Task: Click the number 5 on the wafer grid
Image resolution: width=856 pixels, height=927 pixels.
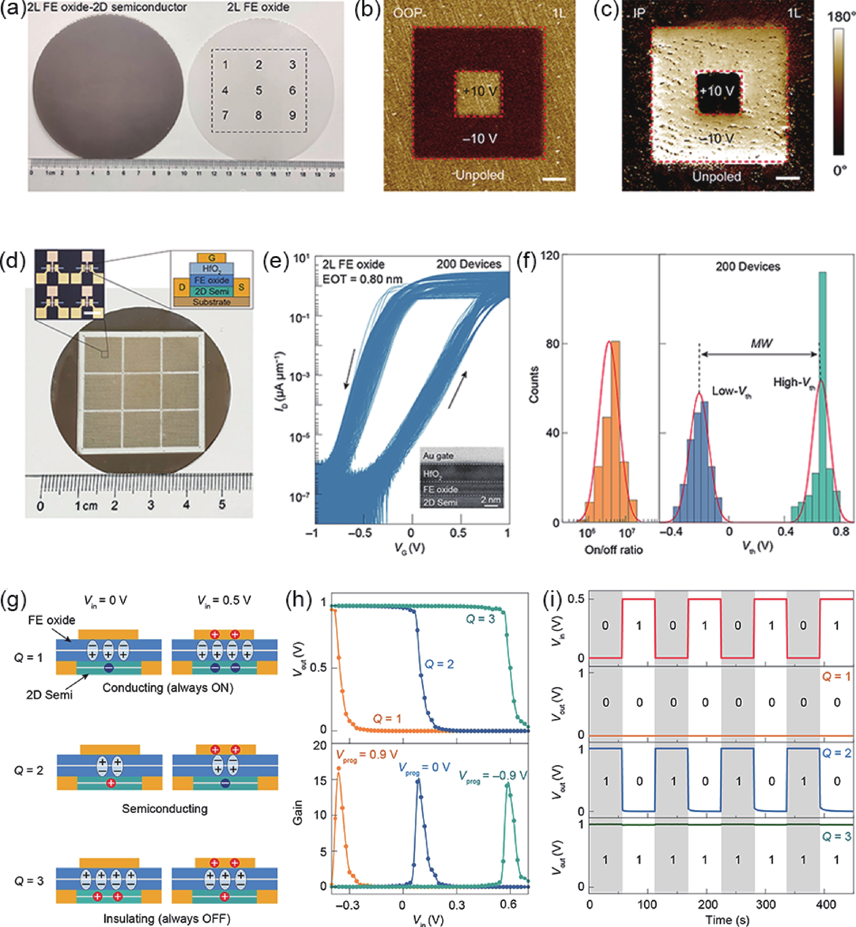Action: click(258, 90)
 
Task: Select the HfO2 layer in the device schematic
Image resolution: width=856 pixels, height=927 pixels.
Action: click(212, 269)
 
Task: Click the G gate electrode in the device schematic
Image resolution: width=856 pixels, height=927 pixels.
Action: click(212, 258)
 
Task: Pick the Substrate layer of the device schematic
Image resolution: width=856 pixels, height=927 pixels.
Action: click(212, 302)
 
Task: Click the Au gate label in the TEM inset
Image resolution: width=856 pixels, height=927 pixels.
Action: click(438, 456)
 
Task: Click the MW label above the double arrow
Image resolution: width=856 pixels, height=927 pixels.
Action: click(761, 344)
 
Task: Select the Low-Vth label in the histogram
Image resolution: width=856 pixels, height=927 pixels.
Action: click(731, 392)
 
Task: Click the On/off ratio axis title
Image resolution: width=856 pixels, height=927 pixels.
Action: click(614, 550)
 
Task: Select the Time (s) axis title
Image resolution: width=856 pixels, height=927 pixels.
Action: click(726, 920)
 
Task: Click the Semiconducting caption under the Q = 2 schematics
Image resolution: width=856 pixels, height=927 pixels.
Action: click(165, 809)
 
